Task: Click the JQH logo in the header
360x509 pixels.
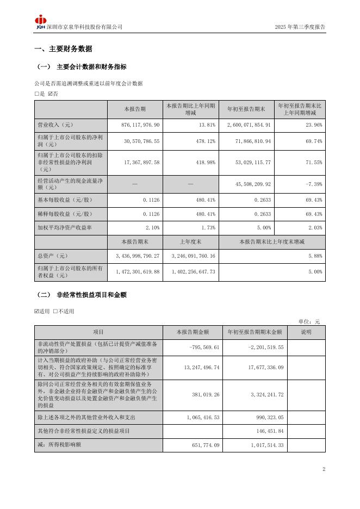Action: (41, 22)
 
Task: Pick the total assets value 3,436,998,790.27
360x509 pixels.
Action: (138, 256)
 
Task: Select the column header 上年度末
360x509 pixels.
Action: (190, 241)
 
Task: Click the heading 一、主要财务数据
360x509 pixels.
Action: (63, 49)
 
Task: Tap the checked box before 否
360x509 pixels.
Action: (51, 94)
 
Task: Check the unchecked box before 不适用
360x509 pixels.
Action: (55, 311)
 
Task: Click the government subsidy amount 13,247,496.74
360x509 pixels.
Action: (194, 368)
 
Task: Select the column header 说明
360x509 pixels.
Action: (306, 332)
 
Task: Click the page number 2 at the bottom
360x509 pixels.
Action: (324, 469)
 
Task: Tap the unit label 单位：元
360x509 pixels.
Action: (309, 321)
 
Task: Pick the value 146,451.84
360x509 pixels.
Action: (270, 431)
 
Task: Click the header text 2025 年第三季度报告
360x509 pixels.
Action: (300, 27)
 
